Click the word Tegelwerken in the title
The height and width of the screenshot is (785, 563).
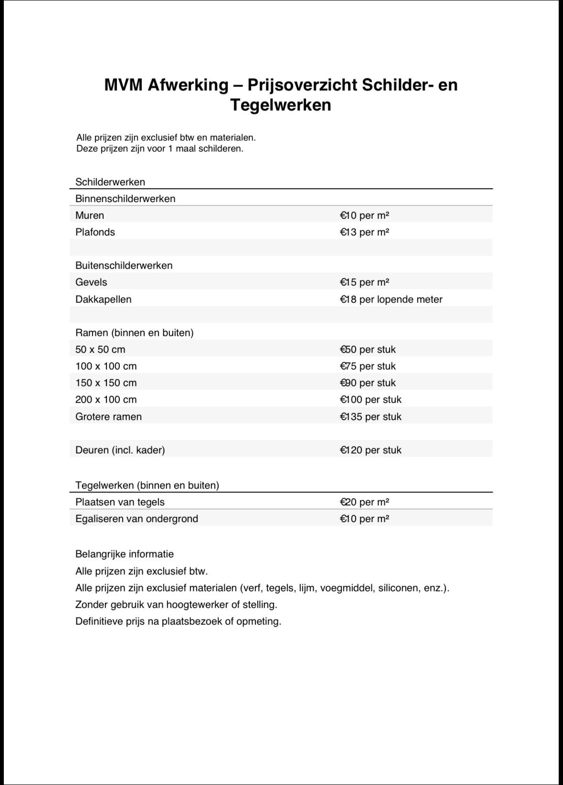click(x=281, y=105)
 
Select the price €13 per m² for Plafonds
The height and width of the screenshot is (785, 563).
click(x=364, y=232)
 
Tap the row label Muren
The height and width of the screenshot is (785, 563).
click(x=90, y=216)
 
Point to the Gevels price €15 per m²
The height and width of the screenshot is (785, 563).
click(x=364, y=282)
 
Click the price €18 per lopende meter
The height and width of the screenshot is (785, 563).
click(x=391, y=300)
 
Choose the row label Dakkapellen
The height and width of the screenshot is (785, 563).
click(x=103, y=300)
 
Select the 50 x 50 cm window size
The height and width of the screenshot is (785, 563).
click(x=100, y=350)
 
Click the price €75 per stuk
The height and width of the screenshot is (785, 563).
click(x=368, y=366)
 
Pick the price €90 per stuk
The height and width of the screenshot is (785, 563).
click(x=368, y=383)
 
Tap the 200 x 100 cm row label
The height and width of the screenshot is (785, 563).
click(x=106, y=400)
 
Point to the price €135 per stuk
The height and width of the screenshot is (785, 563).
click(x=371, y=417)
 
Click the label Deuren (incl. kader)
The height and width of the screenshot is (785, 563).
click(x=120, y=450)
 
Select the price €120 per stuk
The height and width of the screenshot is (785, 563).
click(x=371, y=450)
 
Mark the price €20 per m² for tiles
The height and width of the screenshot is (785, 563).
click(x=364, y=502)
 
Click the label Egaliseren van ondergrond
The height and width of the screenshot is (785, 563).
click(x=137, y=519)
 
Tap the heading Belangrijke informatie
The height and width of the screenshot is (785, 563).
click(x=125, y=554)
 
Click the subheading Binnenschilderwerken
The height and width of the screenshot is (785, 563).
click(x=125, y=199)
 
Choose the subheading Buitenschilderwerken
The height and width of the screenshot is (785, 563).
click(x=124, y=266)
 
